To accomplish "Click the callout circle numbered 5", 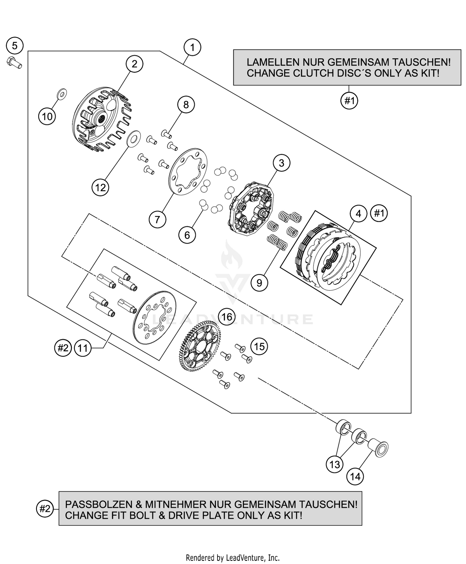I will (x=15, y=46).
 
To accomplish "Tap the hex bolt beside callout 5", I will (x=14, y=63).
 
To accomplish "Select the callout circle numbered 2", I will (x=134, y=64).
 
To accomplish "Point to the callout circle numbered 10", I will (x=47, y=117).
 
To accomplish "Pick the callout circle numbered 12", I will (x=100, y=187).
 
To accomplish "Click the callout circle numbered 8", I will (x=186, y=105).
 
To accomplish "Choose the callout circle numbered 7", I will (x=157, y=219).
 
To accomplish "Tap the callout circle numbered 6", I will (x=187, y=235).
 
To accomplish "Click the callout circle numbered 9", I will (x=259, y=282).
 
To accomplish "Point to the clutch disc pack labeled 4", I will (x=329, y=258).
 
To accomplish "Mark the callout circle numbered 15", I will (x=259, y=346).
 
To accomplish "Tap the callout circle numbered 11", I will (x=83, y=348).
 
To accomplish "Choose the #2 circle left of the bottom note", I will (x=45, y=509).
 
